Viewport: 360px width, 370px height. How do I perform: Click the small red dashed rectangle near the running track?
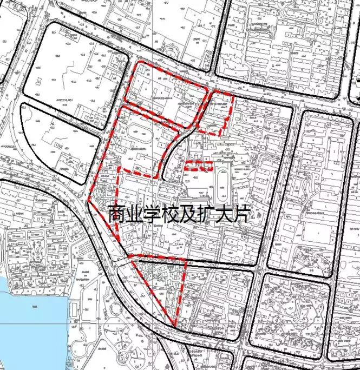198,166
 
